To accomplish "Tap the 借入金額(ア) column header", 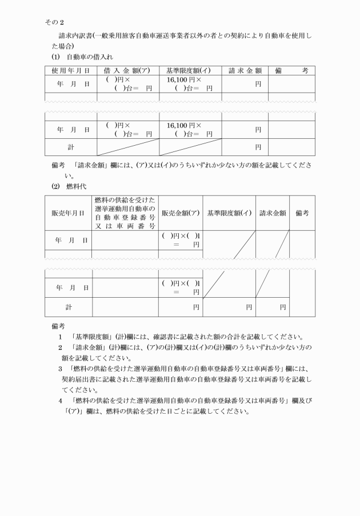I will click(x=128, y=71).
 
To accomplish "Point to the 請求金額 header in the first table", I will click(x=245, y=71).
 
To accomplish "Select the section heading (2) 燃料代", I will click(x=67, y=186).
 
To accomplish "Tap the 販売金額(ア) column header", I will click(x=181, y=213).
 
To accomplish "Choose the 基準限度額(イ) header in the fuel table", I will click(x=229, y=213).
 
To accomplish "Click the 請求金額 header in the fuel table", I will click(x=273, y=213).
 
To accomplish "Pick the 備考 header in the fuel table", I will click(x=302, y=213).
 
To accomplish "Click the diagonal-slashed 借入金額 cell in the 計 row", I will click(x=128, y=147).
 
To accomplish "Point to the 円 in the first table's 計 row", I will click(x=258, y=147).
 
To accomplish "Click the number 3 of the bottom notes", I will click(x=61, y=369).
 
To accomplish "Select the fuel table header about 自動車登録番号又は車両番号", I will click(x=125, y=213).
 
